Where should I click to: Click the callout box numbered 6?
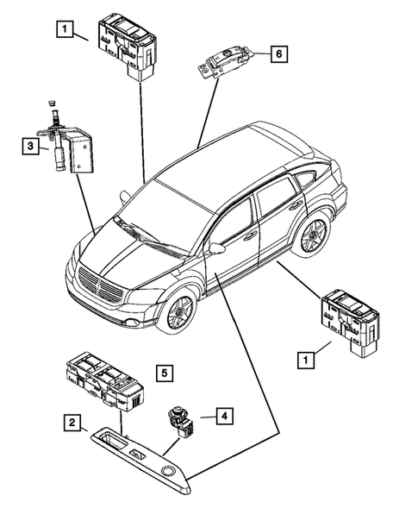(277, 54)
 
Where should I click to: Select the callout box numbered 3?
(30, 147)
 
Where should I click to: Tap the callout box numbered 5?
(165, 373)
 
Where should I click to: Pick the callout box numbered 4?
(222, 417)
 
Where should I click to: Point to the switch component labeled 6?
(226, 62)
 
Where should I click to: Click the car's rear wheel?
(314, 235)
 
